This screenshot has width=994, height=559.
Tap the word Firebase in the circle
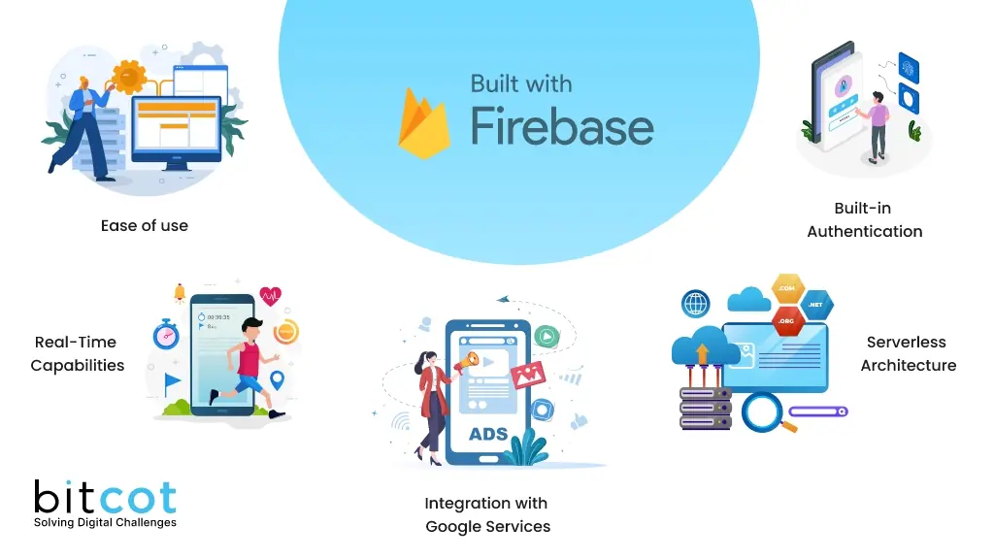562,127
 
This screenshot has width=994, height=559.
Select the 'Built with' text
520,83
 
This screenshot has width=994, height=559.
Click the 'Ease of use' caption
145,226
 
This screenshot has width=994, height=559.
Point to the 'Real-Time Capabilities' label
77,353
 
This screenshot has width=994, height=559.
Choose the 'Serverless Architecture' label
908,353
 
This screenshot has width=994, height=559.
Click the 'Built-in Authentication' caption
864,219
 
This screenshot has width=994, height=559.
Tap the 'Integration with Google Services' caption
487,514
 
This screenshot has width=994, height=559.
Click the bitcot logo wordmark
105,497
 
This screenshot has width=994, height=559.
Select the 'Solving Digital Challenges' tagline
105,523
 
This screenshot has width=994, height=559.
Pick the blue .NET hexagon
815,305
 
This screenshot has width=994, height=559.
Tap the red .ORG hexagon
787,320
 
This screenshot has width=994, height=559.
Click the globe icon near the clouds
696,304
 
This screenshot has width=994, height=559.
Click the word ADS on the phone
488,433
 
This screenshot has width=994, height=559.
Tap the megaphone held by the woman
469,361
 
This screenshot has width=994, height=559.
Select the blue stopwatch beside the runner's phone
166,334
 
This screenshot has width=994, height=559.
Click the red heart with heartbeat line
270,295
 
